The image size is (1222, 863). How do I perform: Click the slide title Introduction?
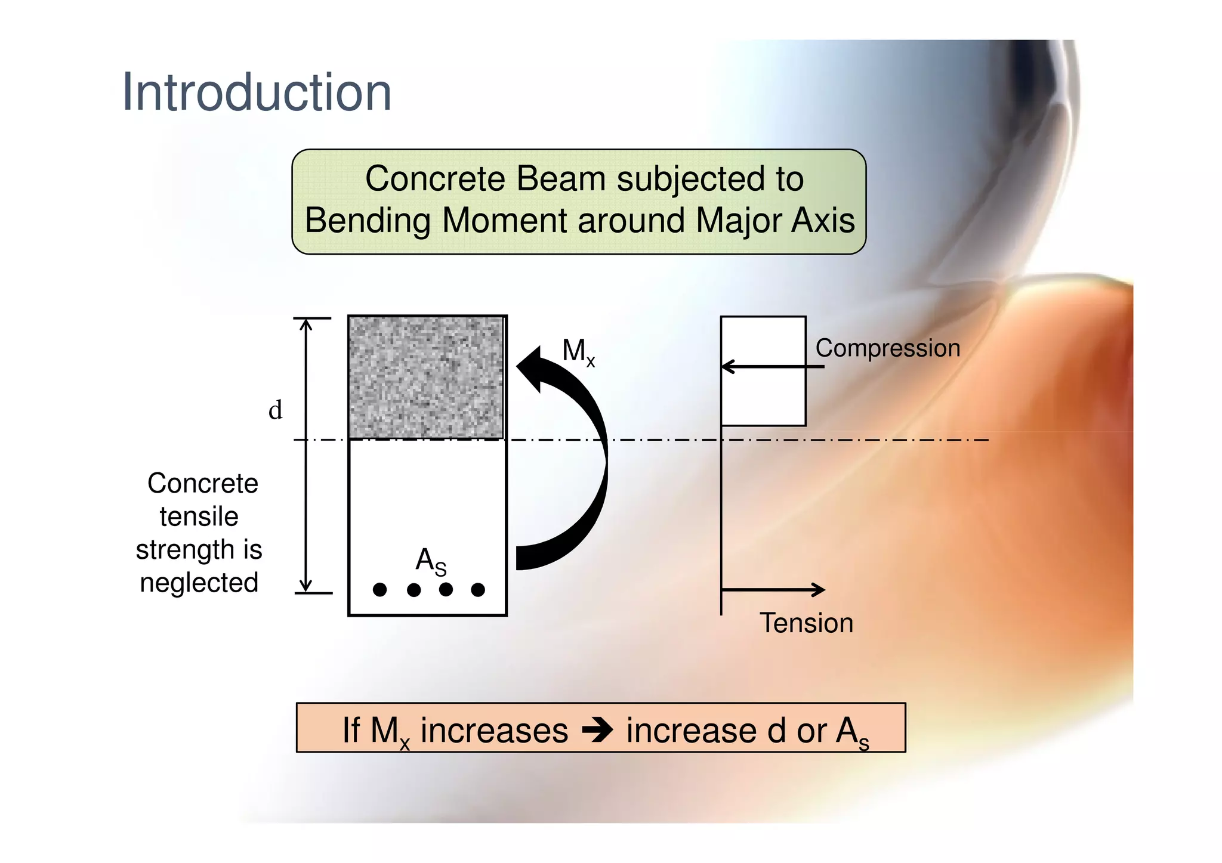[x=257, y=92]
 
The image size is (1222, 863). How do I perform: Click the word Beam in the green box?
[x=561, y=178]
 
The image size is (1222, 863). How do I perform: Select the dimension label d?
[x=275, y=410]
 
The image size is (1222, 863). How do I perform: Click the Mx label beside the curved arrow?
[x=578, y=351]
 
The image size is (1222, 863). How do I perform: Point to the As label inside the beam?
[x=430, y=561]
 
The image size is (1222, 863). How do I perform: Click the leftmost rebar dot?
[x=379, y=590]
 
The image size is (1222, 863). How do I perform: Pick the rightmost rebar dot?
[x=478, y=590]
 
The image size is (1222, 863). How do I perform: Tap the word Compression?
[x=887, y=348]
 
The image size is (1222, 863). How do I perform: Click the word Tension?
[x=806, y=623]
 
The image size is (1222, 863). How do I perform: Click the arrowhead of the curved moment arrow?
[x=530, y=367]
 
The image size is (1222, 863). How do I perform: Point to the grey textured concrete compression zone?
[x=426, y=378]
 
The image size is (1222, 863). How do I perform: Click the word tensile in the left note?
[x=199, y=516]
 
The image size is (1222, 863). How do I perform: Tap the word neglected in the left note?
[x=199, y=583]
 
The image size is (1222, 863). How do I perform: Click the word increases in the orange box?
[x=494, y=731]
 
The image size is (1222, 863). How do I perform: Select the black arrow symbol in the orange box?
[x=597, y=730]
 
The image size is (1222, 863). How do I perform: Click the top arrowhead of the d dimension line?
[x=305, y=324]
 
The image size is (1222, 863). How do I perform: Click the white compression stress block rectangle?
[x=763, y=394]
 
